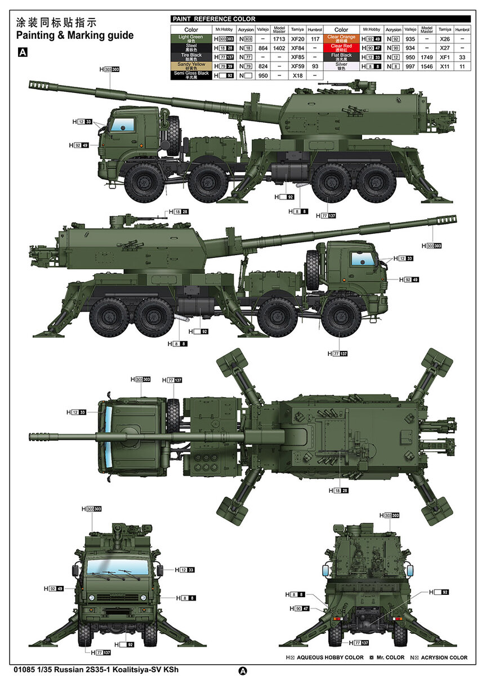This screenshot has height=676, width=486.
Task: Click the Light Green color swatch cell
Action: [x=191, y=39]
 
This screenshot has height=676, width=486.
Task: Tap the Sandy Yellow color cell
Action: [x=191, y=66]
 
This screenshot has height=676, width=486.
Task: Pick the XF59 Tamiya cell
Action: [x=297, y=66]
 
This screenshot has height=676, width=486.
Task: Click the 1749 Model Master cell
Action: [x=426, y=57]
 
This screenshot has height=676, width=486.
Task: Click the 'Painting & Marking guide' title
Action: [x=75, y=35]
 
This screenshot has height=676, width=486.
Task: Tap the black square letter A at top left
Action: [x=23, y=52]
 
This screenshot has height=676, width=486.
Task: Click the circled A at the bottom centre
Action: [x=243, y=670]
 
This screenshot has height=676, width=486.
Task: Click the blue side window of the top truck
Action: [x=126, y=125]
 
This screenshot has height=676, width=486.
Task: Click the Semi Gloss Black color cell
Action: [x=191, y=75]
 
